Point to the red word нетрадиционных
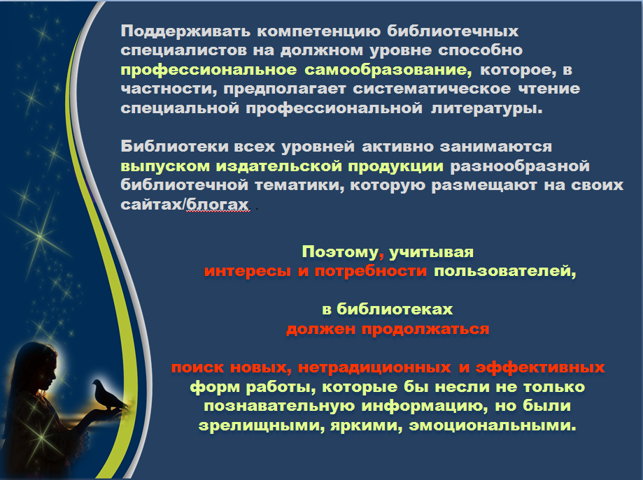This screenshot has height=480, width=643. click(365, 367)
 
